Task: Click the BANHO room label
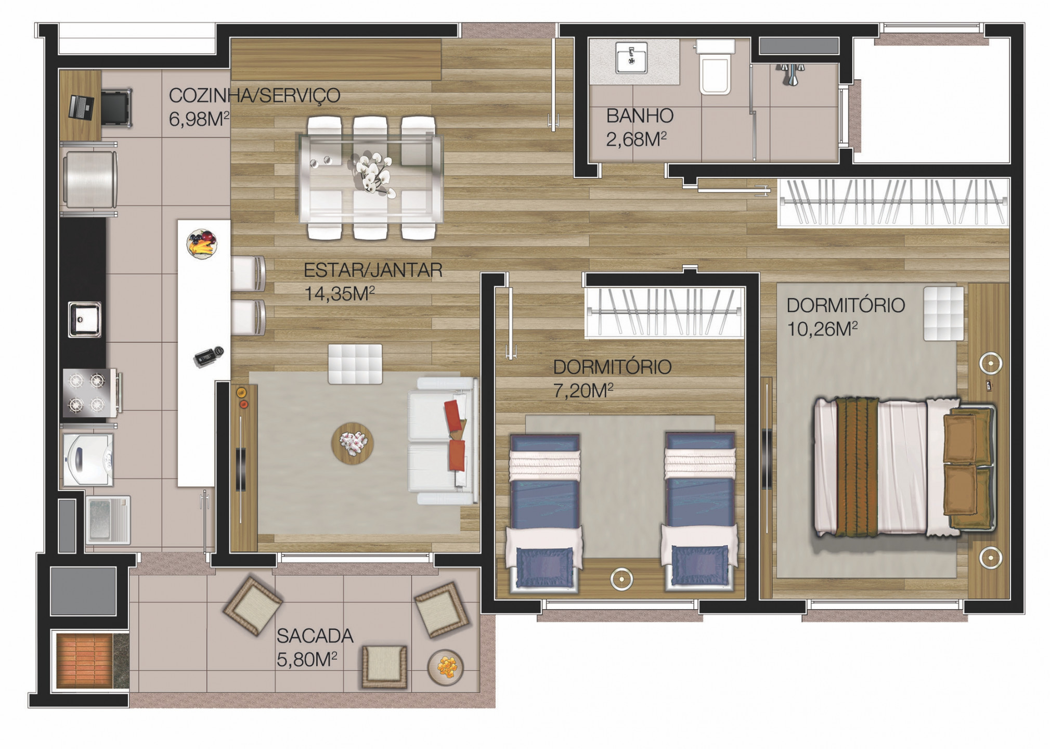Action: [640, 115]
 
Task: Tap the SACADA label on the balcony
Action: [315, 636]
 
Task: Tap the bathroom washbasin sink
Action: [631, 57]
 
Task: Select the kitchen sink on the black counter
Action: [85, 319]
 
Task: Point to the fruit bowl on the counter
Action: [202, 243]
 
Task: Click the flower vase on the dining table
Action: [372, 172]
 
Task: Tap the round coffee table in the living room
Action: [352, 443]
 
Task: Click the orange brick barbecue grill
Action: [84, 660]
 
